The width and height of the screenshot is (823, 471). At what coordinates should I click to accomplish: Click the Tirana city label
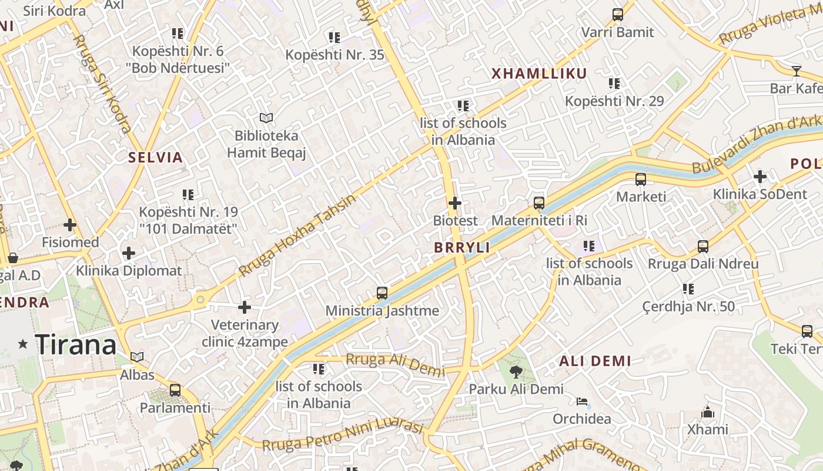click(x=76, y=344)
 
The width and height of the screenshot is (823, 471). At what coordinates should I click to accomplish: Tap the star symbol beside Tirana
click(x=23, y=344)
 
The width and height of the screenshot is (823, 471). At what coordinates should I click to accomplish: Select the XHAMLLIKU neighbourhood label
click(x=538, y=74)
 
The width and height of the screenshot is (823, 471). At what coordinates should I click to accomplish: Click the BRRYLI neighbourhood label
click(x=462, y=248)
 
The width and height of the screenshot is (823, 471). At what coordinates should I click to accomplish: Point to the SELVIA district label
click(x=156, y=158)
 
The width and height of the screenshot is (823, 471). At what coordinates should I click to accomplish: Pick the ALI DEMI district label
click(x=595, y=361)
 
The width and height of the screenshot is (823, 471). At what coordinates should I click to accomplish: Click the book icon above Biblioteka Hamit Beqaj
click(x=266, y=118)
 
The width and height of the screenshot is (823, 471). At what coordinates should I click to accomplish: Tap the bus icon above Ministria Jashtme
click(x=382, y=293)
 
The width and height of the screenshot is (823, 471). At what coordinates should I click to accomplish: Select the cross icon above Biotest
click(x=455, y=203)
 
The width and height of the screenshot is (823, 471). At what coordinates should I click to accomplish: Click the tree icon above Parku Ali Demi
click(x=516, y=372)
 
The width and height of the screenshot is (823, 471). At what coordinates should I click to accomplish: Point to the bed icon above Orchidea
click(x=581, y=402)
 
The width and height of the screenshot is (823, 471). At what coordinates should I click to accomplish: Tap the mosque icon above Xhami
click(x=708, y=412)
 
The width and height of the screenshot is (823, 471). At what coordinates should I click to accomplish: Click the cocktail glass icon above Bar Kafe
click(x=797, y=71)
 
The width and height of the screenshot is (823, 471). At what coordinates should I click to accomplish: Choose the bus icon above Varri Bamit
click(x=617, y=15)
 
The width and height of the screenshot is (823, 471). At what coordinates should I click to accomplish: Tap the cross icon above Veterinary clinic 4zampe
click(x=245, y=307)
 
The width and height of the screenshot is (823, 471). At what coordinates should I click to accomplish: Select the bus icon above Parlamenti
click(x=175, y=390)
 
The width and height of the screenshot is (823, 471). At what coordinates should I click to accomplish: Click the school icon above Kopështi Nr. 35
click(x=334, y=38)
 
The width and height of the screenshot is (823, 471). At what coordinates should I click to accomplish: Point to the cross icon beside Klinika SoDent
click(x=760, y=177)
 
